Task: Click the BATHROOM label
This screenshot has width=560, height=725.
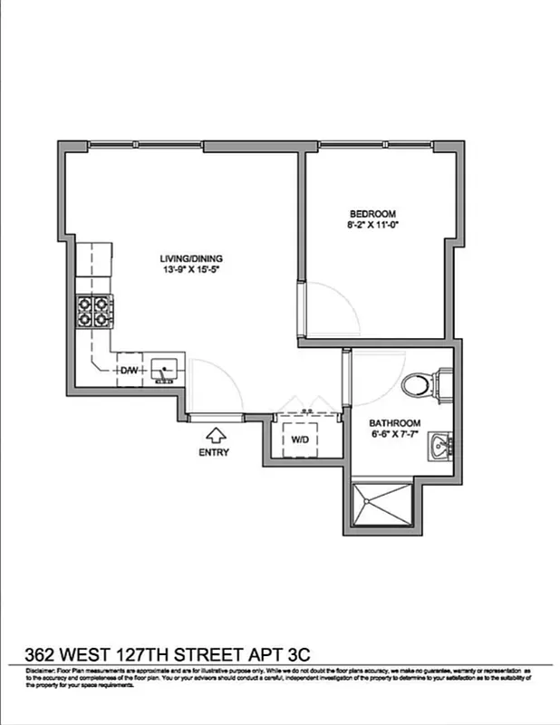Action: pos(394,423)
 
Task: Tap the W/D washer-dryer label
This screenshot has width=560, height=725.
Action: pos(301,440)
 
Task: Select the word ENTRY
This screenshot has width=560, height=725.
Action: pos(215,452)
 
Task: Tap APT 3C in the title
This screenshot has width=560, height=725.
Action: pos(283,653)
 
